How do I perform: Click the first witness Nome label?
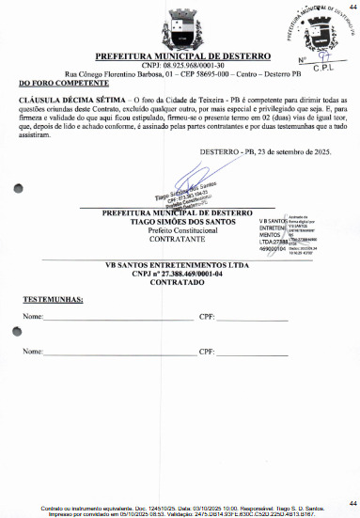point(33,318)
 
